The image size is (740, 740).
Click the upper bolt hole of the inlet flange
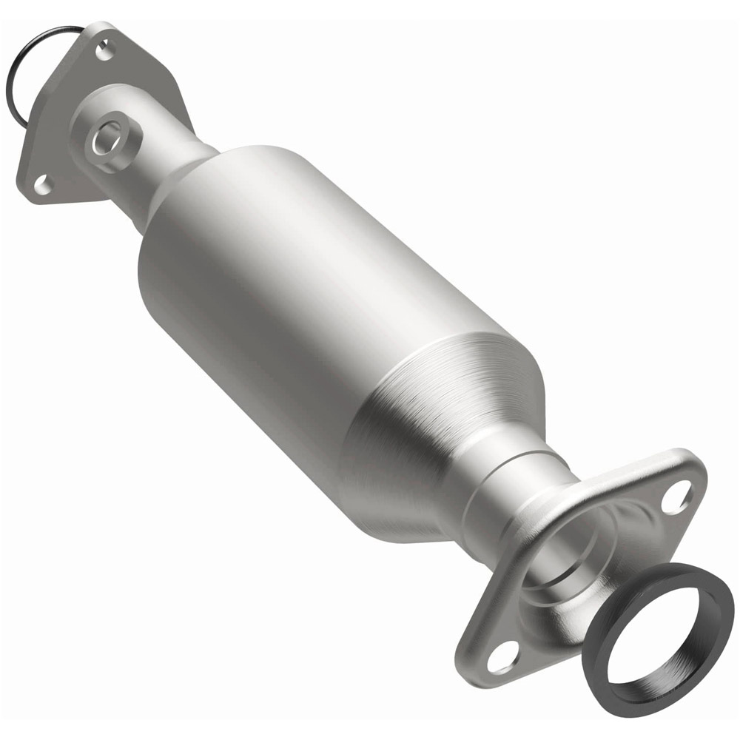[x=104, y=53]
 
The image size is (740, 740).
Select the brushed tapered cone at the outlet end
[x=444, y=414]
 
